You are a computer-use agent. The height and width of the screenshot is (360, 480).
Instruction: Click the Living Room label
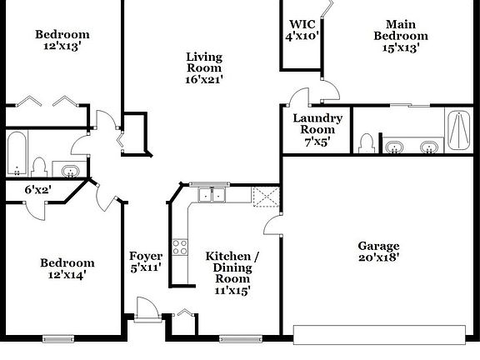204,62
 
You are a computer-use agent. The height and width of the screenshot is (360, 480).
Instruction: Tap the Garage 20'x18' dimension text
378,257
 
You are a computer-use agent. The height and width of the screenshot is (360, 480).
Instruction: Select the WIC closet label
302,24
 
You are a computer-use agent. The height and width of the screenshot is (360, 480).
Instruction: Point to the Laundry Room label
317,123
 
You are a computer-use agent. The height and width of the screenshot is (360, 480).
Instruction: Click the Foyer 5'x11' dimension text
146,267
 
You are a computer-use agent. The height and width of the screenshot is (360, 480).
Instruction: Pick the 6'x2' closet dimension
38,190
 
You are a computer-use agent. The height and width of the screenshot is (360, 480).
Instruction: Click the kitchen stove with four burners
180,247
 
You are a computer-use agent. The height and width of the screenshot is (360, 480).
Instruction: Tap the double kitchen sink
212,195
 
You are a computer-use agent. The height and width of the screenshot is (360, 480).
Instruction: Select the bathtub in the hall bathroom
17,153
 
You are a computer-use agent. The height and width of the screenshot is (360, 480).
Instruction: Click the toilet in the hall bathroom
39,167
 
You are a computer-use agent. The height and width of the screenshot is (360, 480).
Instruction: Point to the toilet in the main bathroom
367,143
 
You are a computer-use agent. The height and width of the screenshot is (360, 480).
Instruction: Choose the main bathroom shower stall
458,130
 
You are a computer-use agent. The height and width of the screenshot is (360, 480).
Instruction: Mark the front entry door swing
147,308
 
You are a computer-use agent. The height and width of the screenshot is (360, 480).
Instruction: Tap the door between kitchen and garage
272,225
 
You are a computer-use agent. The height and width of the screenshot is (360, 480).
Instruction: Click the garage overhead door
380,335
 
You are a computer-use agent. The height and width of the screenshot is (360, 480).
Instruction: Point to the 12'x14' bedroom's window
58,338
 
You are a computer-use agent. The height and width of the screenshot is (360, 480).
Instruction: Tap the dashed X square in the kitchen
266,197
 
